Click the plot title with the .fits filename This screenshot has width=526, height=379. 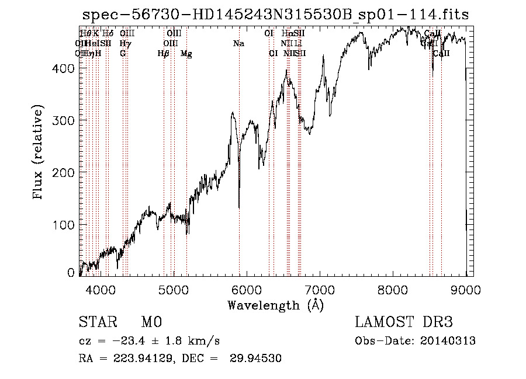pyautogui.click(x=275, y=15)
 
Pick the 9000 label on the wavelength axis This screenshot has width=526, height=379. pyautogui.click(x=466, y=289)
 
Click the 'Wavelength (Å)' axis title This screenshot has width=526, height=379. pyautogui.click(x=275, y=304)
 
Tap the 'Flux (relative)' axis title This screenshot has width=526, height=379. pyautogui.click(x=39, y=153)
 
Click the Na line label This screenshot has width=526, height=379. pyautogui.click(x=238, y=43)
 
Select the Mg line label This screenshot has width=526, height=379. pyautogui.click(x=186, y=54)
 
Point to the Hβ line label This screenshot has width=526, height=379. pyautogui.click(x=164, y=54)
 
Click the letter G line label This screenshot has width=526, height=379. pyautogui.click(x=123, y=54)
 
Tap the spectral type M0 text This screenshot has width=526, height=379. pyautogui.click(x=151, y=322)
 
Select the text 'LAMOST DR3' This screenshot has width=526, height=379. pyautogui.click(x=404, y=322)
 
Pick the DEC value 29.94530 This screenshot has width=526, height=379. pyautogui.click(x=257, y=359)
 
